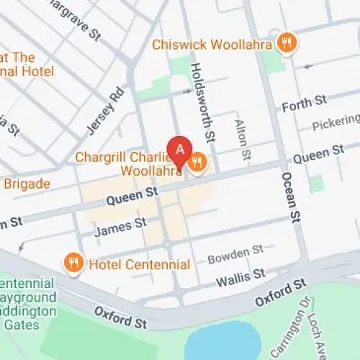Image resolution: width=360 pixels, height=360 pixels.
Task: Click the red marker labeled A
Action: click(179, 150)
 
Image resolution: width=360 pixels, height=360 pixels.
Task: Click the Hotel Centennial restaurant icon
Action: click(73, 264)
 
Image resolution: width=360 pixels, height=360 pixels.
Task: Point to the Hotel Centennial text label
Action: click(139, 264)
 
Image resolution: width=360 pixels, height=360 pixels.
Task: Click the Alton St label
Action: click(243, 140)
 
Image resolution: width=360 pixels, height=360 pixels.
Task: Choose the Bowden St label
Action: click(235, 253)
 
